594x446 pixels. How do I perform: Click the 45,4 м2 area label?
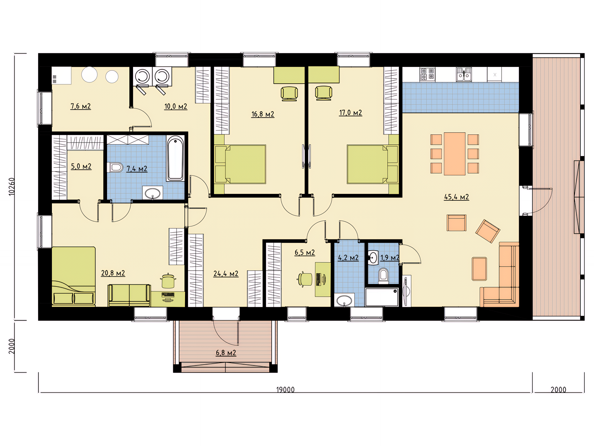(x=456, y=197)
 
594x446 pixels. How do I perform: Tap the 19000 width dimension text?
(x=285, y=390)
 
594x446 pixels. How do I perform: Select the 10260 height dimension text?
(x=11, y=186)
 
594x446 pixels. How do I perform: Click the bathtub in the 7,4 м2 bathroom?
(x=175, y=158)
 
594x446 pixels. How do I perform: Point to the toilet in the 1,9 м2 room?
(x=383, y=276)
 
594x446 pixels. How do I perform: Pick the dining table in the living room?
(x=454, y=154)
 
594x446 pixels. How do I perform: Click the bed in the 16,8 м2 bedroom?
(x=240, y=164)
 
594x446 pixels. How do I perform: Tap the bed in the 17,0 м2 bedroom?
(x=372, y=164)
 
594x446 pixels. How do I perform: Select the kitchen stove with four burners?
(x=427, y=74)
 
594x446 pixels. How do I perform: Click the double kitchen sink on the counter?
(x=464, y=74)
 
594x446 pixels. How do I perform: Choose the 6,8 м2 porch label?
(x=226, y=353)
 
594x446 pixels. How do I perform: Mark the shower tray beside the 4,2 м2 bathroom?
(x=382, y=297)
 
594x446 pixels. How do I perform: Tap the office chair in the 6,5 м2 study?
(x=305, y=279)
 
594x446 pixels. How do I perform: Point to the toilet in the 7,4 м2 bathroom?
(x=115, y=167)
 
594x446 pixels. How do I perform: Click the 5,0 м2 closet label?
(x=81, y=166)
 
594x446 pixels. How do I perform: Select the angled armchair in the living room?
(x=488, y=231)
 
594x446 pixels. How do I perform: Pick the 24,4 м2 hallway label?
(x=226, y=274)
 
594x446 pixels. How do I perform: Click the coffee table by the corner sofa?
(x=479, y=269)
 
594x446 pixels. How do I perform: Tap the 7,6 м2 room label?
(x=80, y=106)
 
